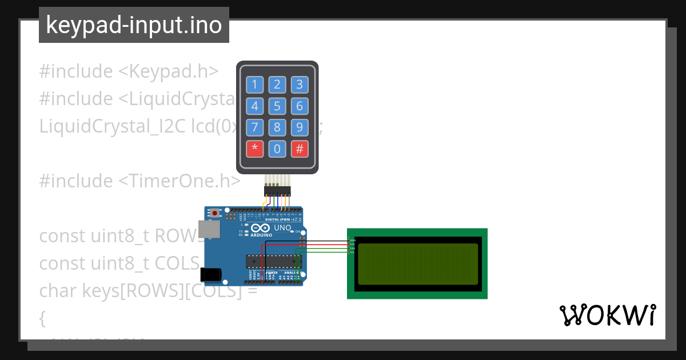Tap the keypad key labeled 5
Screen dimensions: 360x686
point(277,106)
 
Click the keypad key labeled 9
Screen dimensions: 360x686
point(299,127)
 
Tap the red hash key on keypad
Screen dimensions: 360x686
point(299,149)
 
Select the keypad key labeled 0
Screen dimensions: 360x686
point(277,149)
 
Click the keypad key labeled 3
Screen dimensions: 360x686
point(299,85)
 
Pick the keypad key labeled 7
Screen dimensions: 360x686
point(255,127)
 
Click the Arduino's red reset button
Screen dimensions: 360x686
point(215,214)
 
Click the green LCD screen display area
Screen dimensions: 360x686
point(417,263)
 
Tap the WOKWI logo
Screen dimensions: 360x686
point(607,315)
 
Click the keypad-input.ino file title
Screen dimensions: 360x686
point(134,25)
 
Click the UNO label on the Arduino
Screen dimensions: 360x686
point(282,228)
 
